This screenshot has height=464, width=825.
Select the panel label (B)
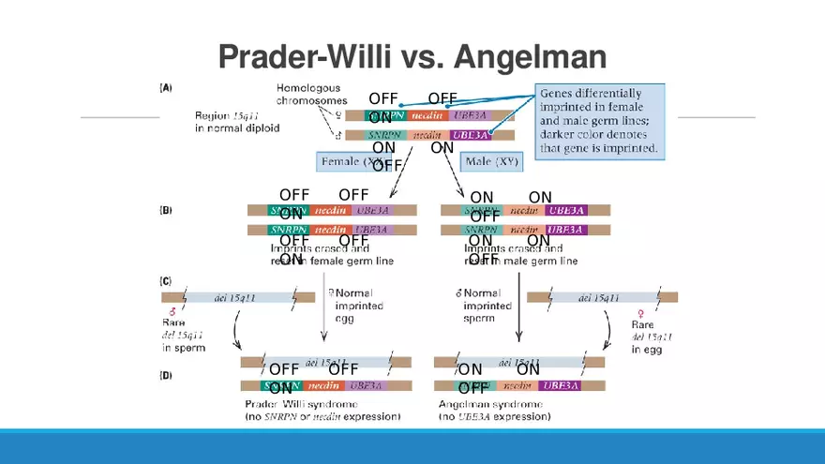click(165, 211)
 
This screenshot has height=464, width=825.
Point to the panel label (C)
click(165, 281)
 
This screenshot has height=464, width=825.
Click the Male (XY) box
click(492, 161)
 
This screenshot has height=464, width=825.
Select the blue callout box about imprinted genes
click(600, 121)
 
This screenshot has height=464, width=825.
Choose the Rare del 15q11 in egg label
click(652, 336)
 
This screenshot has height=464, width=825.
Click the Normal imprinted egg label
click(353, 306)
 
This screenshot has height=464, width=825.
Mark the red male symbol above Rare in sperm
click(172, 311)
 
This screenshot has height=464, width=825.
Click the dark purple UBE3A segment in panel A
click(471, 135)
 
